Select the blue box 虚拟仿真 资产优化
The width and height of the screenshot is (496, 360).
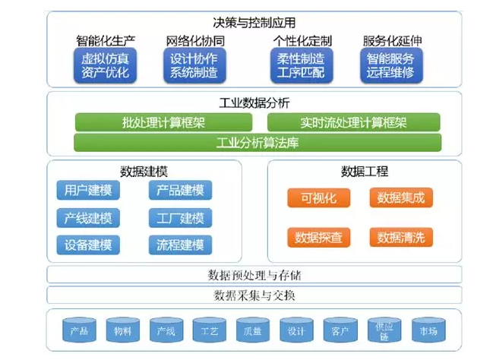(105, 66)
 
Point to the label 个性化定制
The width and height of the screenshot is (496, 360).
(302, 40)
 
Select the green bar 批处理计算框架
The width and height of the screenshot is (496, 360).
(164, 122)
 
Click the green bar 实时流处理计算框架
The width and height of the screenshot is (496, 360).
(353, 122)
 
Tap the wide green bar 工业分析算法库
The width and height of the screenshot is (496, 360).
(257, 143)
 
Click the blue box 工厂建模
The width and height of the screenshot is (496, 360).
(180, 219)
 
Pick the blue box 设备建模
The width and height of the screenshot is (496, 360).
(87, 245)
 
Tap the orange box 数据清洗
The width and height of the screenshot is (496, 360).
(402, 236)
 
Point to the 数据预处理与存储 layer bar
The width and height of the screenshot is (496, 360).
(254, 274)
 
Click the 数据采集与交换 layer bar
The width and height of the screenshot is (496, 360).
(254, 295)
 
